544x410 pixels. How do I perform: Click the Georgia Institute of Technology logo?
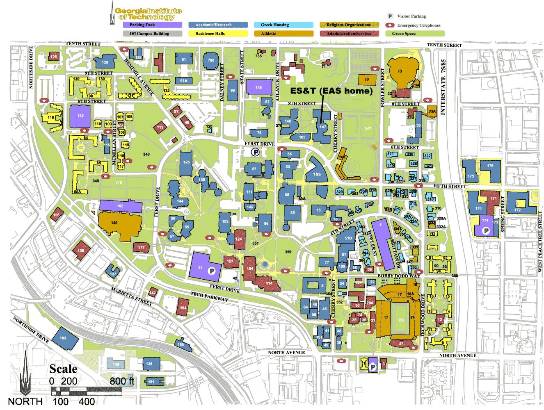pos(146,13)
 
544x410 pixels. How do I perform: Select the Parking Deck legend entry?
pos(152,25)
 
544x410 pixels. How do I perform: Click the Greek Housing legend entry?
pos(283,25)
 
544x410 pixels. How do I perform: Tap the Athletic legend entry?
pos(283,34)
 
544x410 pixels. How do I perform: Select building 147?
pos(322,127)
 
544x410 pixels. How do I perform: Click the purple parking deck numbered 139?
pos(80,116)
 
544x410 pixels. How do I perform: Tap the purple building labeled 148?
pos(258,88)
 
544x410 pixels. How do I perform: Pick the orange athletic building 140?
pos(119,226)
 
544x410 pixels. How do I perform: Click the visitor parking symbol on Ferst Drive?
pos(255,152)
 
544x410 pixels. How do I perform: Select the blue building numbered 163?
pos(63,338)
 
